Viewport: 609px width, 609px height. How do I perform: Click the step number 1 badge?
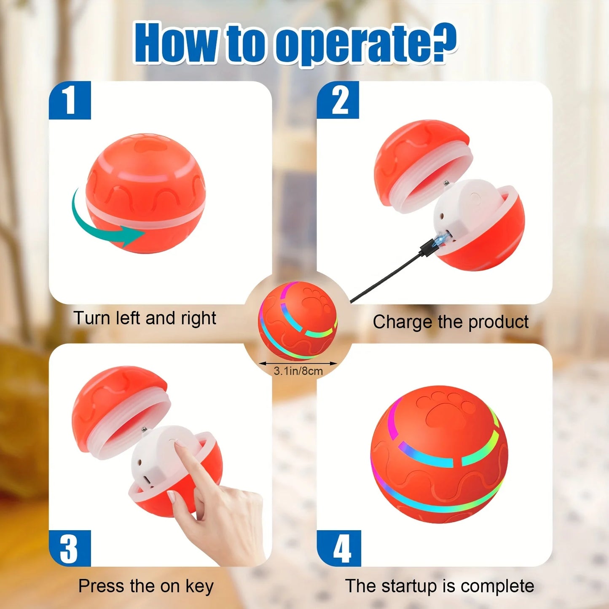point(70,100)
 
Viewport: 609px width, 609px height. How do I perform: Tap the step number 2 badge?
point(338,100)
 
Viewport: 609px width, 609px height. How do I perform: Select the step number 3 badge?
point(70,548)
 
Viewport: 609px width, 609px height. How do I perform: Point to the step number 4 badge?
point(339,548)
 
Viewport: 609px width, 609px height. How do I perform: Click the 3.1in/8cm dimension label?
point(298,371)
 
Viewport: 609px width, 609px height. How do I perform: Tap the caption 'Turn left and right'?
point(145,318)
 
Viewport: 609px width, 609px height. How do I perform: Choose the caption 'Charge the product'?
point(450,322)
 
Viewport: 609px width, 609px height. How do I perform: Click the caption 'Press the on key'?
point(146,586)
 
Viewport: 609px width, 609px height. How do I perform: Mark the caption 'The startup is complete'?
point(439,586)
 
